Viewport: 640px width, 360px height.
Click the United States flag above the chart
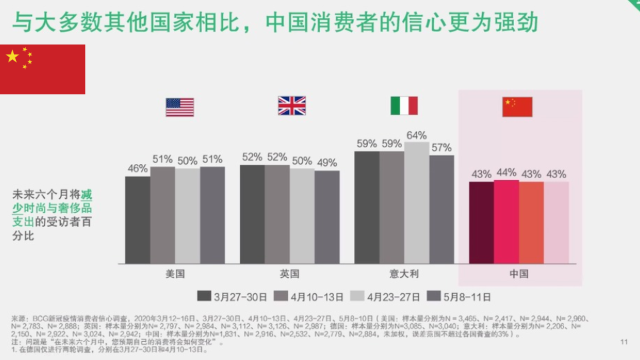[x=180, y=107]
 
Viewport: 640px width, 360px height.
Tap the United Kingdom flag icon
[x=291, y=106]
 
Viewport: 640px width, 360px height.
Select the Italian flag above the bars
[x=404, y=106]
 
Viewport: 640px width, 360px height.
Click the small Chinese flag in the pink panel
[x=517, y=107]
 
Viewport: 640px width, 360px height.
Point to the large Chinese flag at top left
[x=43, y=69]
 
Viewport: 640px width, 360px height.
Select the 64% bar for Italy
[x=417, y=203]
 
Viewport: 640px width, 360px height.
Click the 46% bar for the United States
[x=138, y=219]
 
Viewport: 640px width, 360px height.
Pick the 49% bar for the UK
[x=327, y=217]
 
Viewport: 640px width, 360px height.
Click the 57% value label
[x=441, y=148]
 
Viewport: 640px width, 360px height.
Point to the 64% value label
[x=417, y=135]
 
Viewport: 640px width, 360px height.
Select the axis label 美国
[x=175, y=274]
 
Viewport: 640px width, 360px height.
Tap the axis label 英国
[x=289, y=274]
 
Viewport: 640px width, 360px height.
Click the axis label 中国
[x=519, y=274]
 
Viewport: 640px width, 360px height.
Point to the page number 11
[x=624, y=343]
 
